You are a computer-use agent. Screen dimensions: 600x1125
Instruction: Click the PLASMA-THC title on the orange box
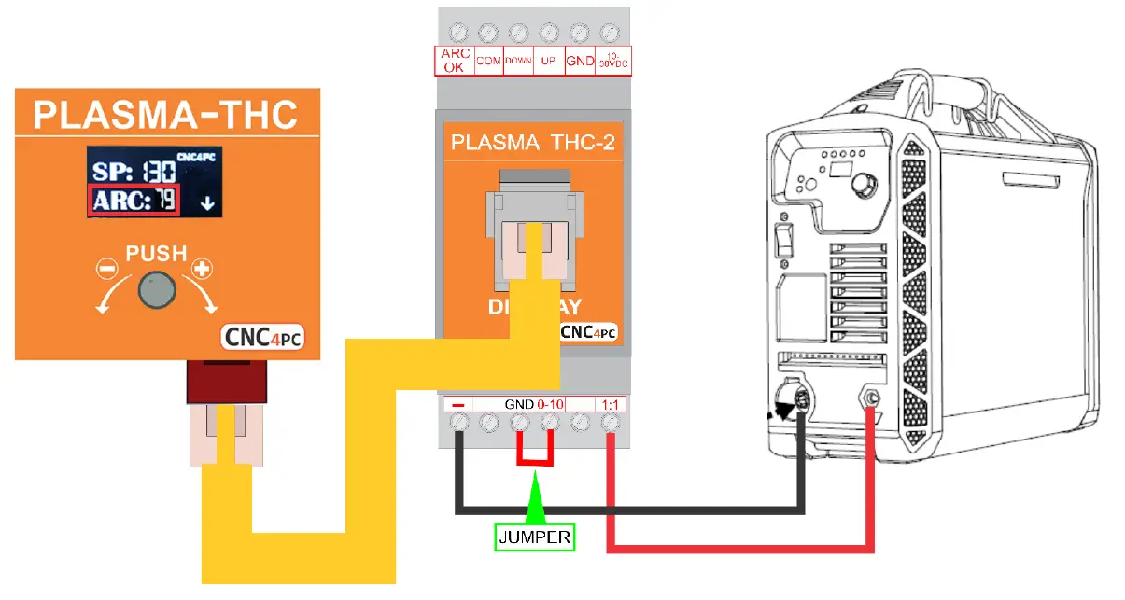point(165,116)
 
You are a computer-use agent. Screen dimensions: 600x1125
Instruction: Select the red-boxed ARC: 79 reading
point(134,201)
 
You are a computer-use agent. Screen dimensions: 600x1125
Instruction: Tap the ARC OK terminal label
point(455,61)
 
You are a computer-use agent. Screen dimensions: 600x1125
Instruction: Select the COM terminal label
point(488,61)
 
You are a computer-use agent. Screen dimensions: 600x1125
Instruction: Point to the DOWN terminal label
point(518,61)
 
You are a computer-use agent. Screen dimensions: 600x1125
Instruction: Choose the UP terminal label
point(549,61)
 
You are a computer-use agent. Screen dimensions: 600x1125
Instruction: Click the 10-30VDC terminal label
point(612,61)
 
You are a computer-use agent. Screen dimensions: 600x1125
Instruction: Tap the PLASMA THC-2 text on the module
point(530,143)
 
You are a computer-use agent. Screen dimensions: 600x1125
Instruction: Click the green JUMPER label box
point(534,537)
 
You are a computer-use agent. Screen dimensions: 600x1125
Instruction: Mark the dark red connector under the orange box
point(230,381)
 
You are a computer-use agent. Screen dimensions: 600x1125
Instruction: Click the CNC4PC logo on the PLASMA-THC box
point(262,338)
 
